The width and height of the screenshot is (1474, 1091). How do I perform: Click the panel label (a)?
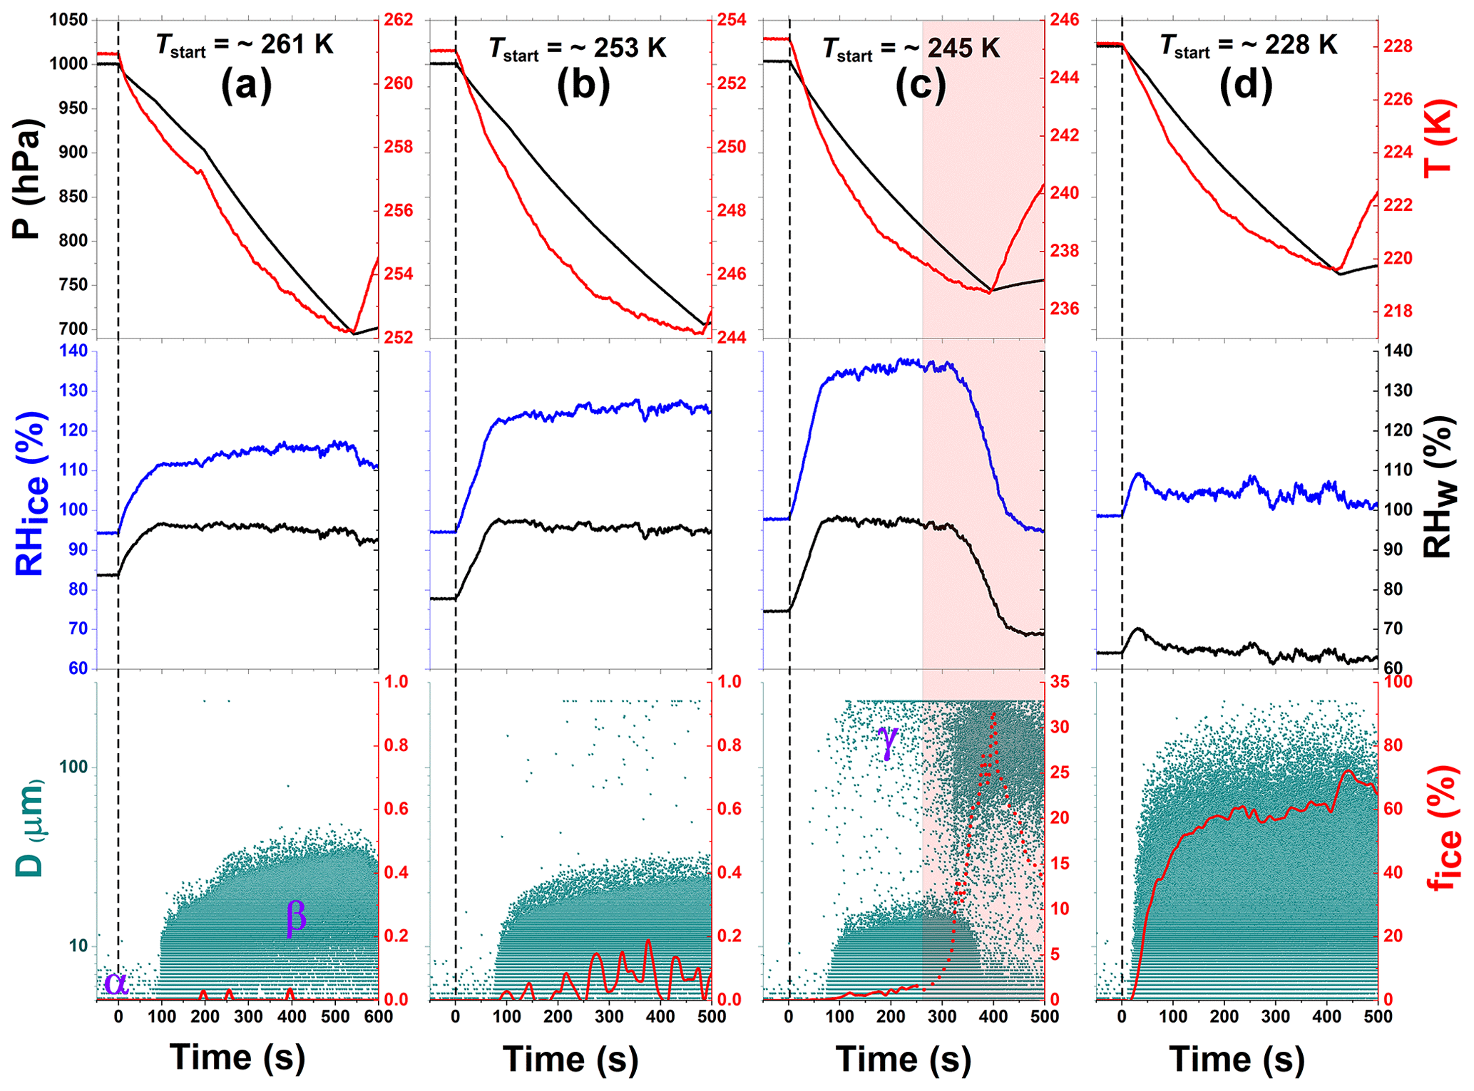(247, 86)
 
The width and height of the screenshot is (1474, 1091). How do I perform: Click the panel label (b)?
(583, 86)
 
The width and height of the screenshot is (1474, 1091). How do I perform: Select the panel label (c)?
(921, 86)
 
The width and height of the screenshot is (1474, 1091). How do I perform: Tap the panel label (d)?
(1245, 86)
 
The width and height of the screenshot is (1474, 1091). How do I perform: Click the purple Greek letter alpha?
(116, 983)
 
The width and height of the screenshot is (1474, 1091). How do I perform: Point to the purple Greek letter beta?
(296, 916)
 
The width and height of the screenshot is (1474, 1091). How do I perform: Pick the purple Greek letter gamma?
(888, 741)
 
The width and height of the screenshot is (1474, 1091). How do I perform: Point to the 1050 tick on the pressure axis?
(68, 20)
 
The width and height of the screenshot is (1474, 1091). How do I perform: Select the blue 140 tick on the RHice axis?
(73, 351)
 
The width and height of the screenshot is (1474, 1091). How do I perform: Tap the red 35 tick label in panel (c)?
(1060, 682)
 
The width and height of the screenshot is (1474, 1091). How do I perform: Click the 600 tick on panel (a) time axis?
(379, 1016)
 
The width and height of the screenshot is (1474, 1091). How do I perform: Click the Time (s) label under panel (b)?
(570, 1058)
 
